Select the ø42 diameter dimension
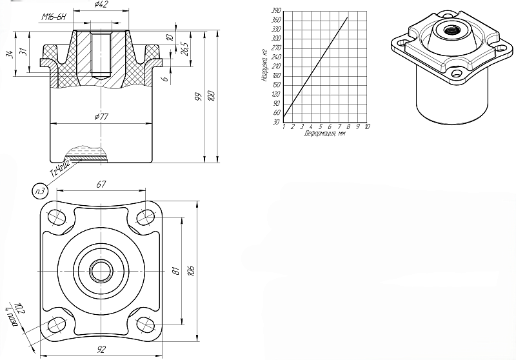coord(101,6)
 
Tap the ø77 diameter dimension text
coord(101,117)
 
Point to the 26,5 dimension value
coord(184,50)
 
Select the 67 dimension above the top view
coord(101,185)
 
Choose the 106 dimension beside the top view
coord(190,271)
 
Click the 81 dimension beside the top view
coord(175,271)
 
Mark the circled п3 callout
coord(39,190)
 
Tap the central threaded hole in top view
coord(101,271)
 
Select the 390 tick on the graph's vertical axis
coord(277,11)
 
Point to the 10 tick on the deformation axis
coord(367,126)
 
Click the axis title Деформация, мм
coord(325,134)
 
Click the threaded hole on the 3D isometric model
coord(446,28)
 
